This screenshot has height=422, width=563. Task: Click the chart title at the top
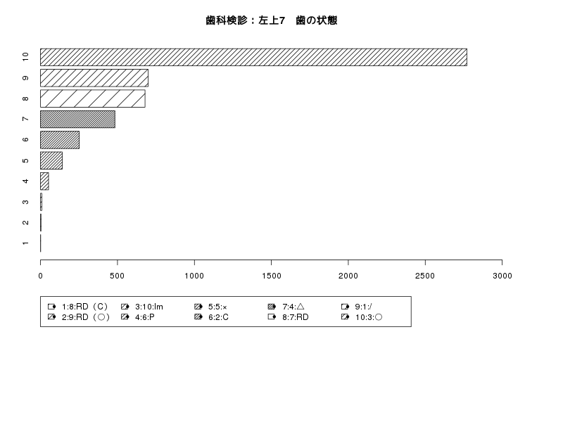tap(272, 20)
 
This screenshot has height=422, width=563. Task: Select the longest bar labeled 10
tap(253, 57)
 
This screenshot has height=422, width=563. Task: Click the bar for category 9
tap(94, 78)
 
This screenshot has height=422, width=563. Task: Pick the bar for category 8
tap(93, 98)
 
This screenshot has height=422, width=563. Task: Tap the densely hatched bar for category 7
tap(77, 119)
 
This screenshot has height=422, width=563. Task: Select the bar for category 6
tap(60, 140)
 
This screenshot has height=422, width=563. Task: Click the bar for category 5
tap(51, 160)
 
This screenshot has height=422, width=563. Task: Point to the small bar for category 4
tap(44, 181)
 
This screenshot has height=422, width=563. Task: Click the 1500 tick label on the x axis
tap(271, 276)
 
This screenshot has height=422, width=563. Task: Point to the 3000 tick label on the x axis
tap(502, 276)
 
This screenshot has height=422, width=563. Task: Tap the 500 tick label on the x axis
tap(117, 276)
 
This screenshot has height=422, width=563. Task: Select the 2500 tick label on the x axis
tap(425, 276)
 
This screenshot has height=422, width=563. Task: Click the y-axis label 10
tap(25, 57)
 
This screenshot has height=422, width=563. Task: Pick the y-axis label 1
tap(25, 243)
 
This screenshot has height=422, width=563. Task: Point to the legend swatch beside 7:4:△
tap(272, 307)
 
